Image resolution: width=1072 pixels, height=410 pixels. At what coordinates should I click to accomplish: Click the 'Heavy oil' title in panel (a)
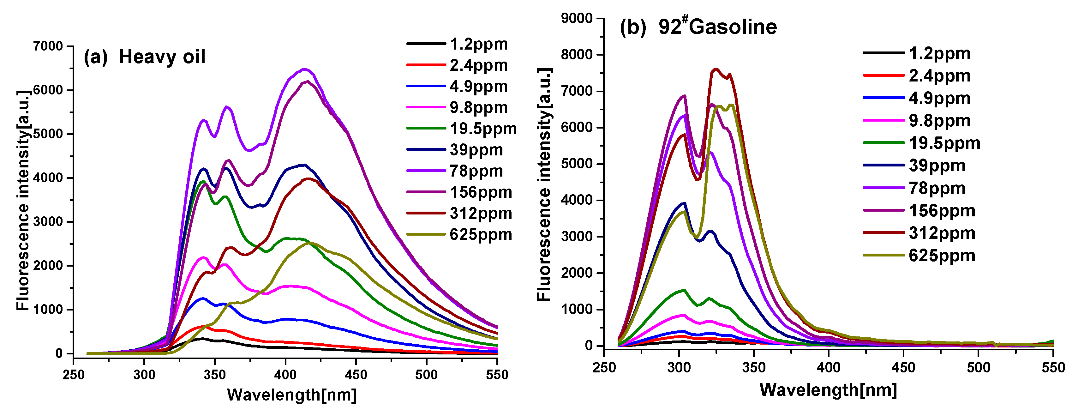[162, 57]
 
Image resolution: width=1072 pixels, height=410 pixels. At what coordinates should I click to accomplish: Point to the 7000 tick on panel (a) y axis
[48, 46]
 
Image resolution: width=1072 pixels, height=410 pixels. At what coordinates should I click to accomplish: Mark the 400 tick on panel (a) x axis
[285, 374]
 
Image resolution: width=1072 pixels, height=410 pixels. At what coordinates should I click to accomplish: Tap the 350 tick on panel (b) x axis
[754, 368]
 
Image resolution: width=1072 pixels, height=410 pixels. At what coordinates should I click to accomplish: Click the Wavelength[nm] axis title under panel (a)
[291, 395]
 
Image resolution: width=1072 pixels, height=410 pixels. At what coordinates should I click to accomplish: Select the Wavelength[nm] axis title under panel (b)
[828, 390]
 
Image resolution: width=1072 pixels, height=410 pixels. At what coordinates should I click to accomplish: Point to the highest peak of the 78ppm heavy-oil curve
[304, 69]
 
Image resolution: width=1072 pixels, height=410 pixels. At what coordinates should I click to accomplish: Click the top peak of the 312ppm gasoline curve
[716, 69]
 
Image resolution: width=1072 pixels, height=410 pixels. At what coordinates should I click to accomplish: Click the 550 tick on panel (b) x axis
[1053, 368]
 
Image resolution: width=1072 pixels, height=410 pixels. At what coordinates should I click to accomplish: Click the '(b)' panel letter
[632, 27]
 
